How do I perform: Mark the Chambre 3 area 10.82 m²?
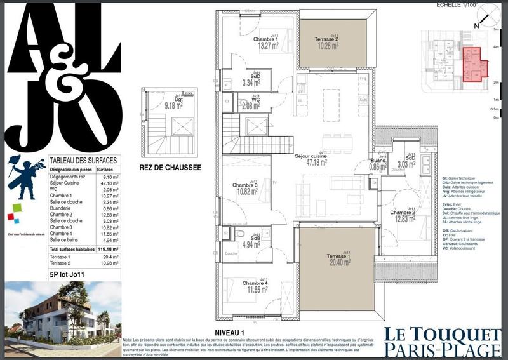coord(247,191)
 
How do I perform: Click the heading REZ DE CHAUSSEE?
coord(170,168)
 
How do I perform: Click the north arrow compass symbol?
coord(487,13)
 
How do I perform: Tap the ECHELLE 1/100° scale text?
coord(457,4)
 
